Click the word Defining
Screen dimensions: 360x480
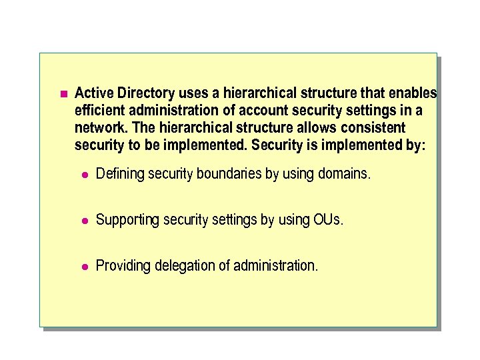point(121,175)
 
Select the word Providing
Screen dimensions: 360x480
point(123,266)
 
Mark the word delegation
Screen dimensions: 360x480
point(183,266)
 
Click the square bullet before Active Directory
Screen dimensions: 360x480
point(63,93)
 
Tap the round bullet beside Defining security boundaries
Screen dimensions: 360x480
point(84,175)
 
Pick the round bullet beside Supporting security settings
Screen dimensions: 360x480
point(84,221)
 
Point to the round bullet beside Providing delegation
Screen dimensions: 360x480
point(84,267)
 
